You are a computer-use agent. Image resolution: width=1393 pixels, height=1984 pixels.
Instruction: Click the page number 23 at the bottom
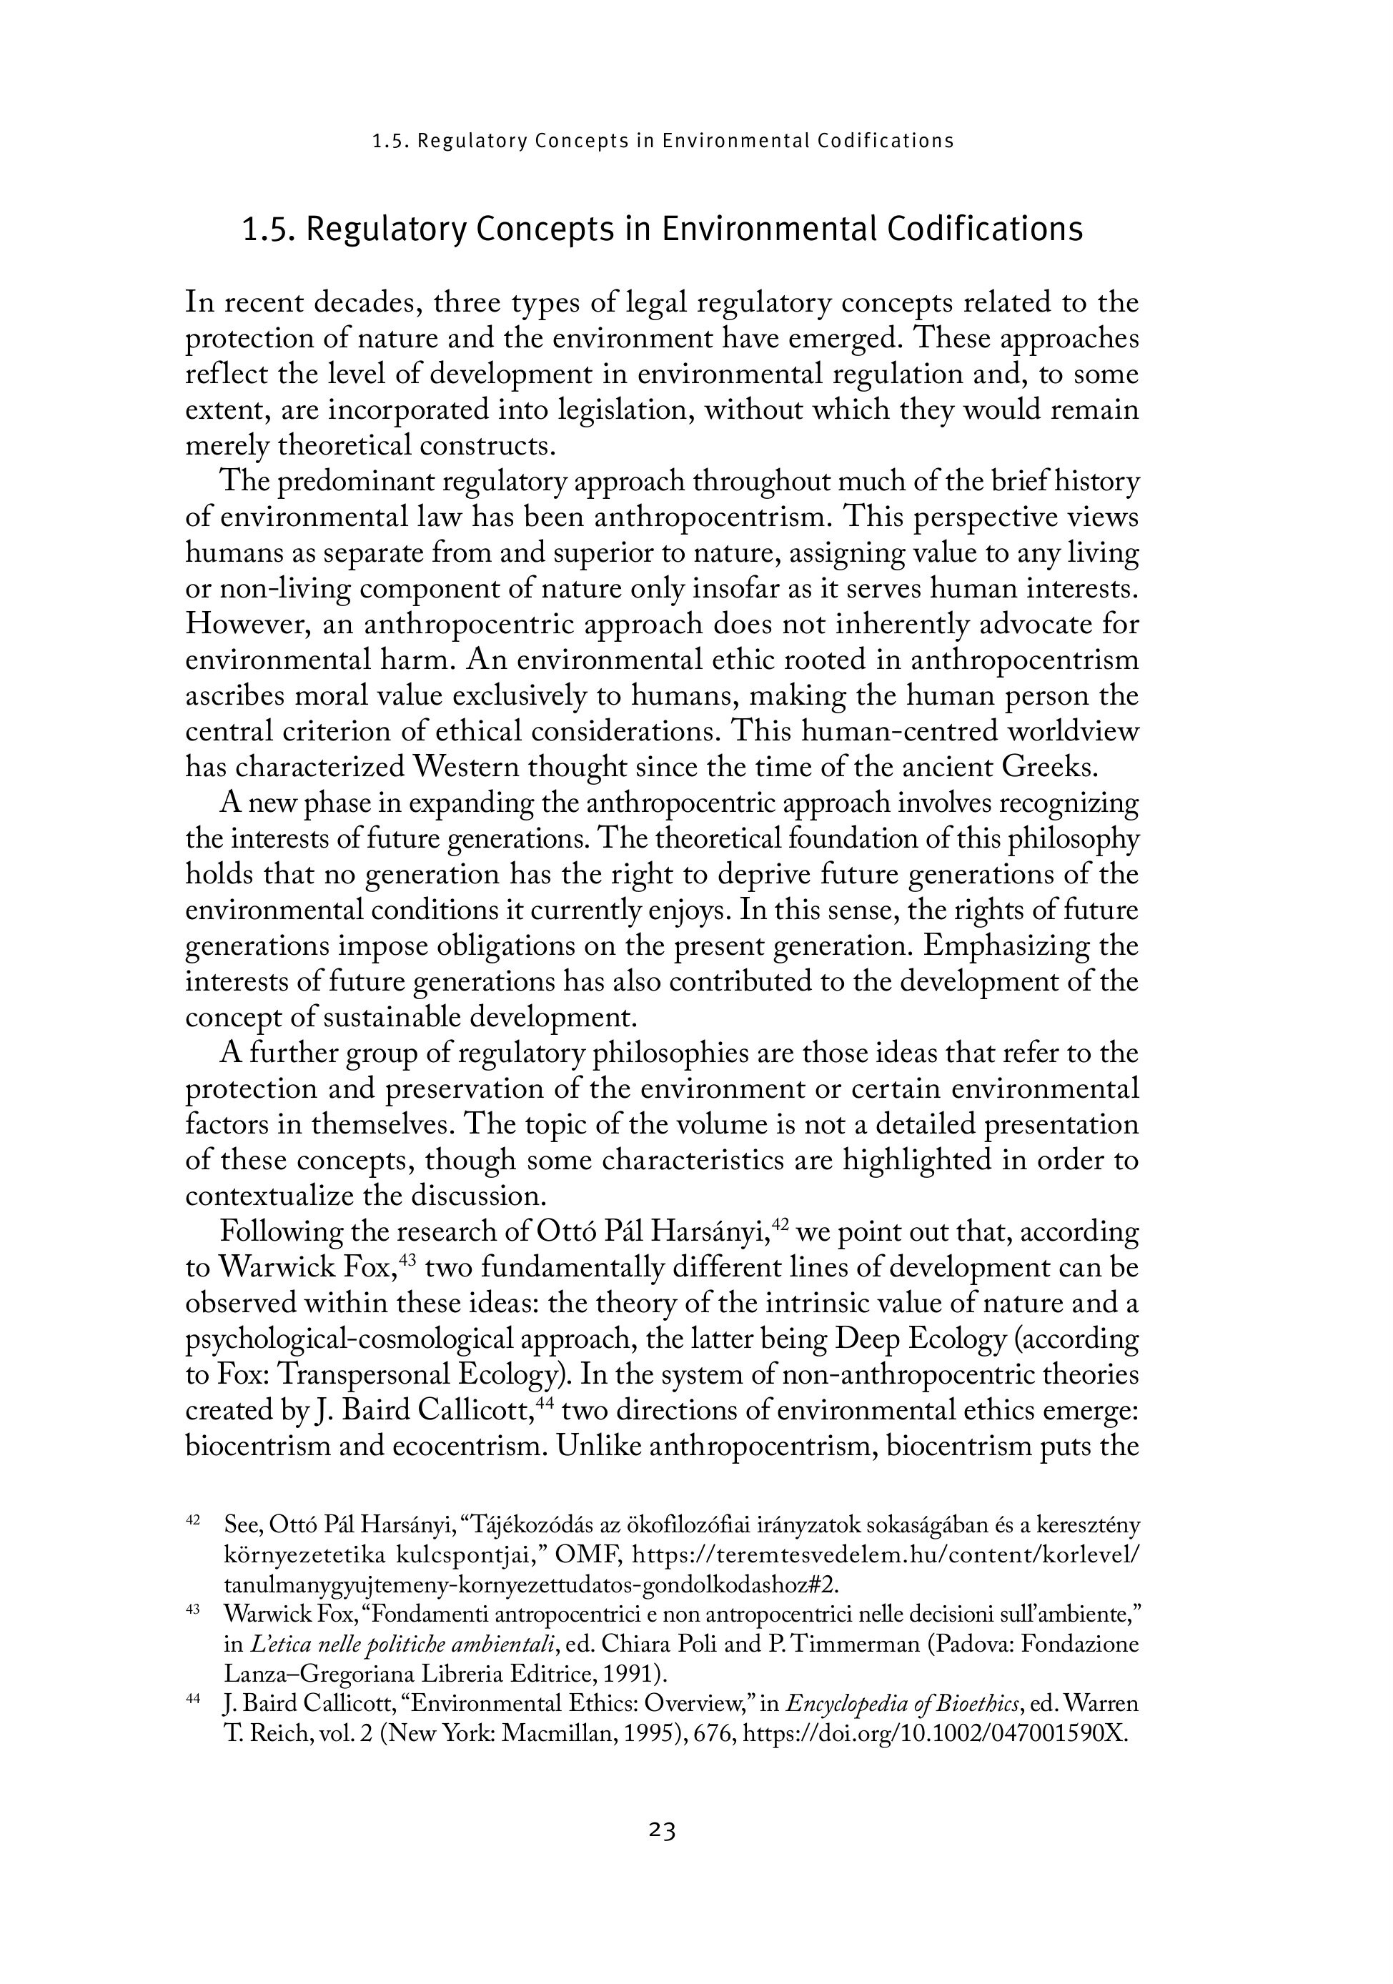[661, 1830]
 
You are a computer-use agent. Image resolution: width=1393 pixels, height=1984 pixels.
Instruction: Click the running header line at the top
[663, 141]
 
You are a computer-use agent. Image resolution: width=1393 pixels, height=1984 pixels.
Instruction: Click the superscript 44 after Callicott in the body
[545, 1402]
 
